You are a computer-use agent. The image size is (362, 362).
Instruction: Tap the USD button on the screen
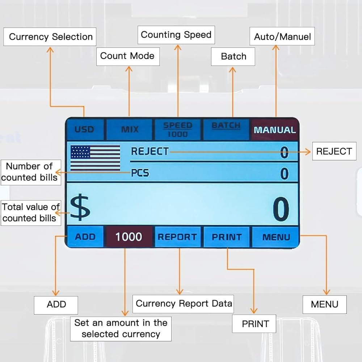pos(84,129)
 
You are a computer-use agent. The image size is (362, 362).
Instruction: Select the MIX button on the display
pos(129,129)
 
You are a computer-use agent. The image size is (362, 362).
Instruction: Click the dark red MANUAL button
pos(275,130)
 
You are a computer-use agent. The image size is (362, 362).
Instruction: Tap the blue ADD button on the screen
pos(85,237)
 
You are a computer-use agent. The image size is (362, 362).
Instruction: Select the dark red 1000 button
pos(129,237)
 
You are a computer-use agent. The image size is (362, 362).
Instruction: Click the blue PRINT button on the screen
pos(227,237)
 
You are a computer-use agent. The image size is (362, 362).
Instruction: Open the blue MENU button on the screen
pos(276,237)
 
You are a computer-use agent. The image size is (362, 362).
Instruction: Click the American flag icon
pos(95,158)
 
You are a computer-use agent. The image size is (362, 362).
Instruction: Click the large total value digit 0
pos(281,210)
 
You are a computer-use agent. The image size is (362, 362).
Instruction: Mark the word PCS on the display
pos(140,173)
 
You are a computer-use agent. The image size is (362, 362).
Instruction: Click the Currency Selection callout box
pos(50,37)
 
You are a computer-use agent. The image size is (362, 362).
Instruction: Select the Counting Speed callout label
pos(176,35)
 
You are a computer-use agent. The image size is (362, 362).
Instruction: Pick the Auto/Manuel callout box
pos(282,37)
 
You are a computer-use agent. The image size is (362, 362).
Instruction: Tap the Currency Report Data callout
pos(184,303)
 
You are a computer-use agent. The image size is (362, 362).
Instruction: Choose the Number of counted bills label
pos(29,172)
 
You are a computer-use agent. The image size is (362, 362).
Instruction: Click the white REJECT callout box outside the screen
pos(334,151)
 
